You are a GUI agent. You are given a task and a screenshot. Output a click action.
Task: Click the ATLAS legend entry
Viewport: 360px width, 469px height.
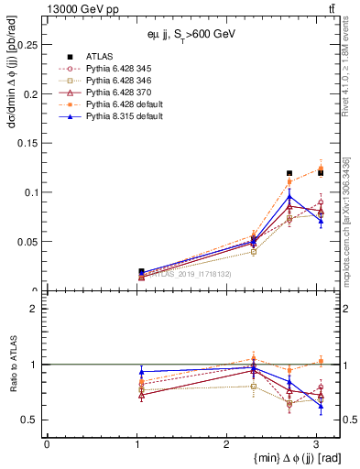click(98, 58)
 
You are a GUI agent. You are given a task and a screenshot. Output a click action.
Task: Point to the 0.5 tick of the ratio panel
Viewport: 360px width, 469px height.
click(32, 420)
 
